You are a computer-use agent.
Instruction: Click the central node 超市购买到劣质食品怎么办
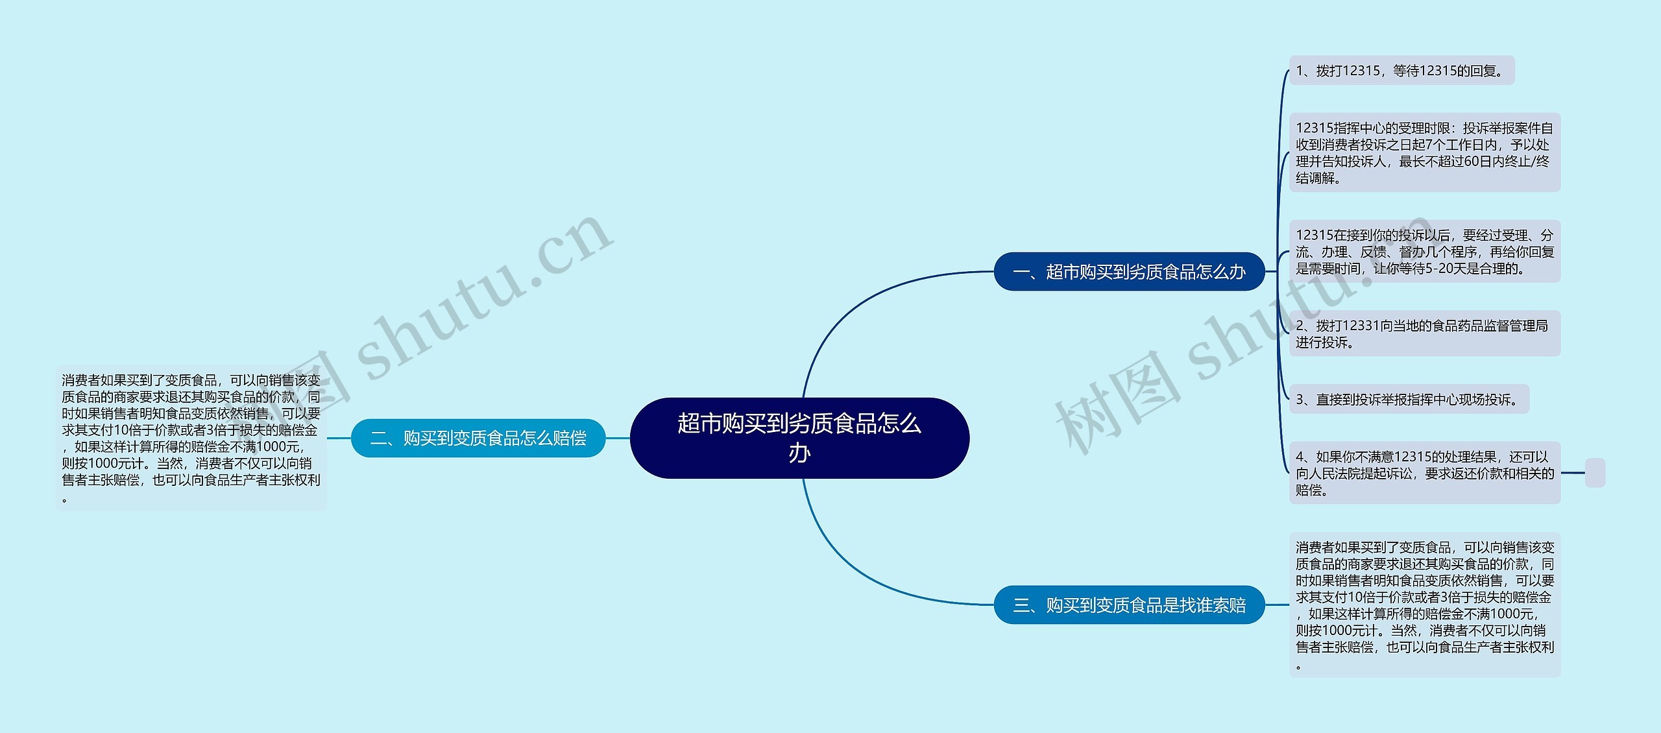tap(799, 438)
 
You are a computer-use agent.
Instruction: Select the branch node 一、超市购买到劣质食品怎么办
tap(1130, 271)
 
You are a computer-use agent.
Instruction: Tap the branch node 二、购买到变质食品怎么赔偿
tap(478, 438)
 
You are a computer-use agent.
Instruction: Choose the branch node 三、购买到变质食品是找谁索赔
tap(1130, 605)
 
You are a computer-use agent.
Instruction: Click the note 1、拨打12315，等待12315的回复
tap(1401, 70)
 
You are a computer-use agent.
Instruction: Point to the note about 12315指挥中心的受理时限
tap(1425, 152)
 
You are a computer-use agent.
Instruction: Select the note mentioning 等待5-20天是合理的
tap(1425, 251)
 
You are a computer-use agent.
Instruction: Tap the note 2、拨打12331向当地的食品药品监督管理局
tap(1425, 333)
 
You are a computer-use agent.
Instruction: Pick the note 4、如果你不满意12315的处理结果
tap(1425, 473)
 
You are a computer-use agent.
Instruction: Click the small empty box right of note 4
tap(1595, 473)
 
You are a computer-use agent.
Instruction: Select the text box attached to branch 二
tap(191, 439)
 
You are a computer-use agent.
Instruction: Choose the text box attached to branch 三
tap(1425, 605)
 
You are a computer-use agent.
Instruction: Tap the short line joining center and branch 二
tap(618, 438)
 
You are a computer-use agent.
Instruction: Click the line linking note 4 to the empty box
tap(1573, 473)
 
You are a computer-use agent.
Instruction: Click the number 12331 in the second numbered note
tap(1361, 326)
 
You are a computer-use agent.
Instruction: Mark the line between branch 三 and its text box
tap(1277, 605)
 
